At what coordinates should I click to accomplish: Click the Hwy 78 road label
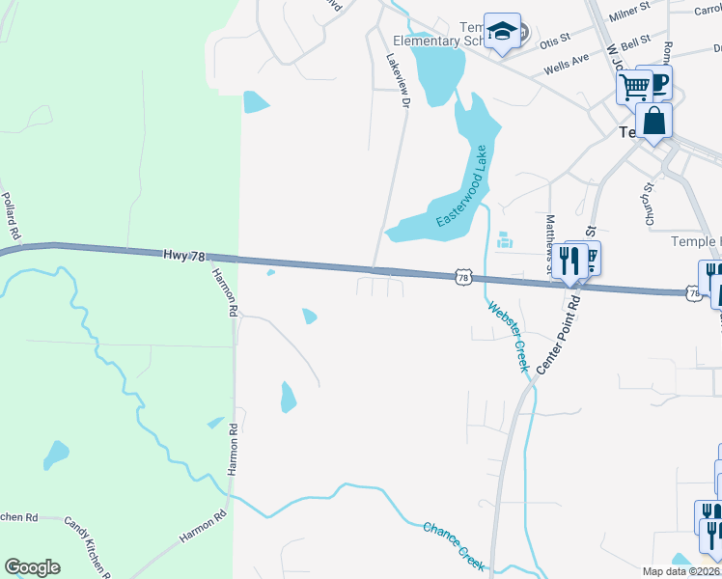click(184, 256)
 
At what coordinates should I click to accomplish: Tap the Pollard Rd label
click(12, 215)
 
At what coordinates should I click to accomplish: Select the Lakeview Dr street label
click(399, 77)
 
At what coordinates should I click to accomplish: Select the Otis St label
click(556, 41)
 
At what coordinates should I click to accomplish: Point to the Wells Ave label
click(566, 65)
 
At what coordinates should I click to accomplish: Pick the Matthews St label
click(551, 242)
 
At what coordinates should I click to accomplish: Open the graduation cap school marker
click(502, 32)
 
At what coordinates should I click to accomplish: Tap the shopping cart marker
click(634, 87)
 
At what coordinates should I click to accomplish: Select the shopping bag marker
click(653, 122)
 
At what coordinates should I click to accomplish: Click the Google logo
click(32, 567)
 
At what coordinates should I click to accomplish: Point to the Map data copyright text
click(681, 571)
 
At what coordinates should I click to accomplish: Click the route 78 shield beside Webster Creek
click(463, 278)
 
